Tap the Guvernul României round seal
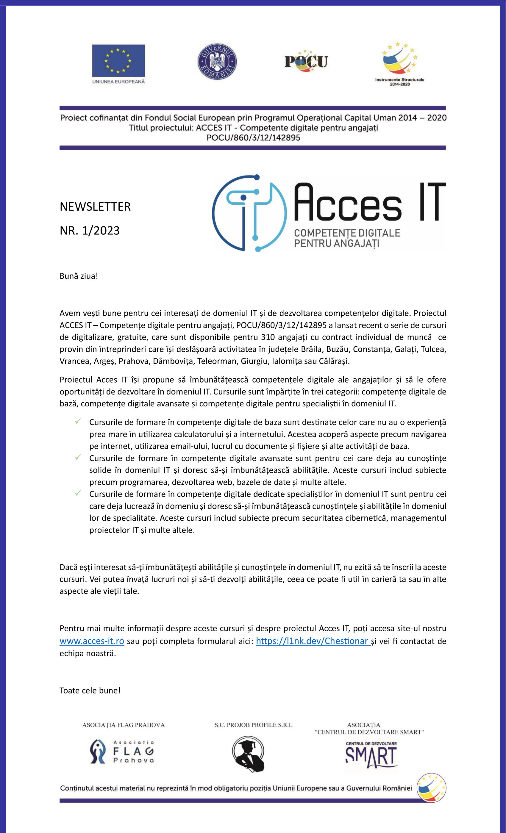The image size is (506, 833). pos(217,62)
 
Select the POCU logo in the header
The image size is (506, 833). pos(306,61)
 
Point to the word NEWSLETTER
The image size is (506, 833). pos(95,206)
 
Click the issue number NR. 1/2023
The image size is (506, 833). pos(90,231)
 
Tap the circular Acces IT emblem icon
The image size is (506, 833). pos(250,213)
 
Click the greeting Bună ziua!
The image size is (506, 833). pos(79,276)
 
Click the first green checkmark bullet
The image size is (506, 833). pos(78,421)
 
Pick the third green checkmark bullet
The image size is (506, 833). pos(78,493)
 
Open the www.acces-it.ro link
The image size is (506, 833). pos(92,641)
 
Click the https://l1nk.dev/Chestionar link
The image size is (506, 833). pos(312,641)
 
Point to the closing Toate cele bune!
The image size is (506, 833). pos(90,690)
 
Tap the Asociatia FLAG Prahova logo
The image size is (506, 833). pos(122,751)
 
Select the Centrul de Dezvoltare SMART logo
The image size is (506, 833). pos(371,756)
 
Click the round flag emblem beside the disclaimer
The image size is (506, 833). pos(431,788)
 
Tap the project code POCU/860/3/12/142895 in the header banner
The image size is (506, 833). pos(253,137)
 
